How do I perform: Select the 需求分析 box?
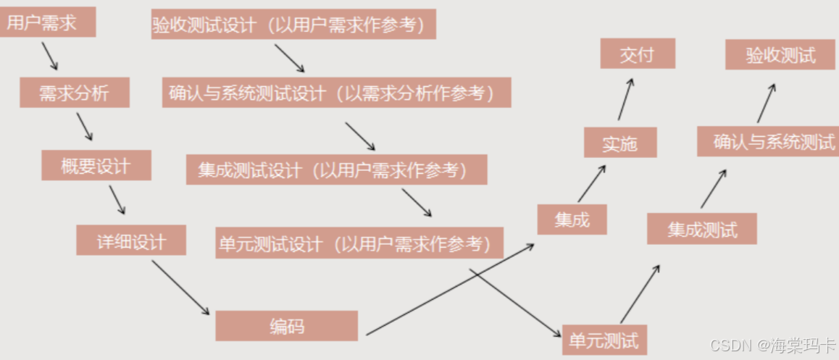pyautogui.click(x=74, y=93)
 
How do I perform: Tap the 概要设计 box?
pyautogui.click(x=96, y=165)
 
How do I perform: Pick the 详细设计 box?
pyautogui.click(x=131, y=240)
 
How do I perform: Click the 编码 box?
pyautogui.click(x=286, y=326)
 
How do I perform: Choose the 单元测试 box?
pyautogui.click(x=604, y=340)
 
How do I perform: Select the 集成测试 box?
pyautogui.click(x=701, y=229)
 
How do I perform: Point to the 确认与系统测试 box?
pyautogui.click(x=767, y=141)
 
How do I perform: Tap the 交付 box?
pyautogui.click(x=637, y=54)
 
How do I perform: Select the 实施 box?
pyautogui.click(x=620, y=143)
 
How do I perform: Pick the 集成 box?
pyautogui.click(x=572, y=219)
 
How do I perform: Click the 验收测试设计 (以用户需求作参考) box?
pyautogui.click(x=293, y=25)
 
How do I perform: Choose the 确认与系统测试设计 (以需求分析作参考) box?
pyautogui.click(x=336, y=93)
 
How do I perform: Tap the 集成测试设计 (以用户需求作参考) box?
pyautogui.click(x=336, y=169)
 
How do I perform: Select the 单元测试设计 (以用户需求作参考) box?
pyautogui.click(x=359, y=243)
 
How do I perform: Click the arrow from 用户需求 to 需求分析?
pyautogui.click(x=49, y=56)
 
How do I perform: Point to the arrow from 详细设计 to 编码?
pyautogui.click(x=180, y=288)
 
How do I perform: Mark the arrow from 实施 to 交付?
pyautogui.click(x=625, y=100)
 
